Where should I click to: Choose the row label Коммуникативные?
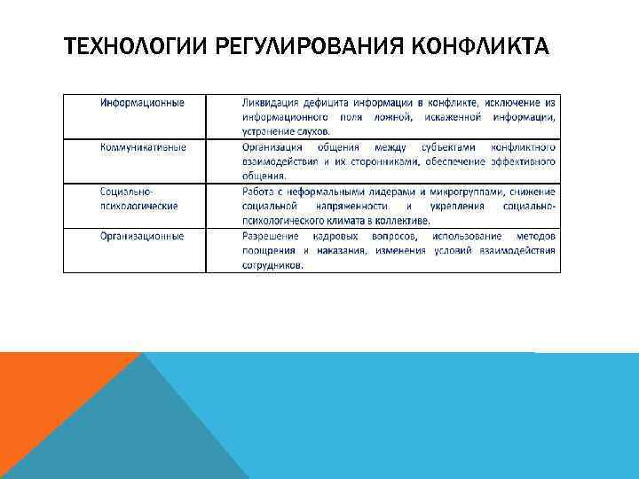tap(143, 147)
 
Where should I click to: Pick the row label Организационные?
tap(142, 236)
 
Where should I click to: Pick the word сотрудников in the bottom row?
tap(272, 264)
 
